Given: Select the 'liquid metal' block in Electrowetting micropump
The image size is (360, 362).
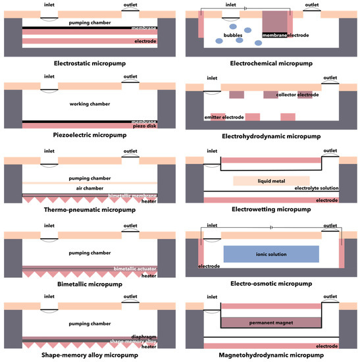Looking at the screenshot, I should pyautogui.click(x=271, y=180).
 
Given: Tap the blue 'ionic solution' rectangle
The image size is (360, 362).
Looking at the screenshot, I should pyautogui.click(x=271, y=253).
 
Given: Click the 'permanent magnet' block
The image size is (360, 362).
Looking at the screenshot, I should pyautogui.click(x=271, y=323).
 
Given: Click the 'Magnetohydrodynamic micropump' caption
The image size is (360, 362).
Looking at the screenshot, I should pyautogui.click(x=271, y=356).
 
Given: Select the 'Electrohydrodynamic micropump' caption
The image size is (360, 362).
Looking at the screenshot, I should pyautogui.click(x=271, y=136).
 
